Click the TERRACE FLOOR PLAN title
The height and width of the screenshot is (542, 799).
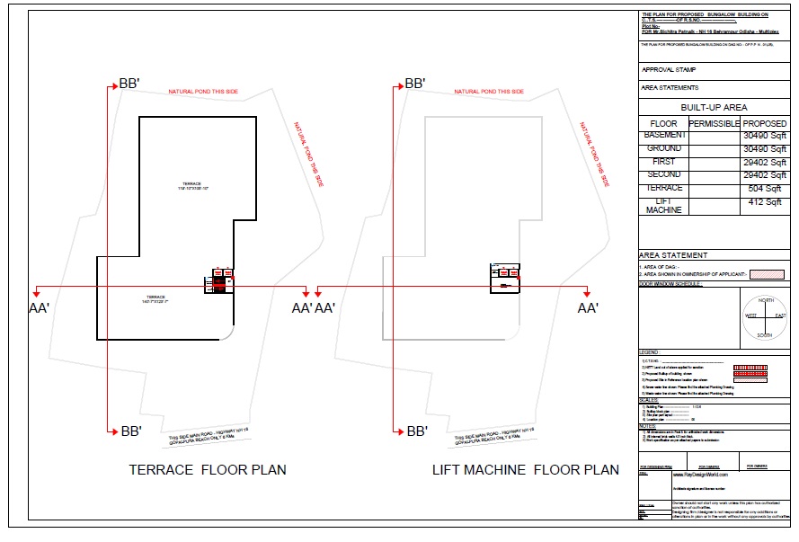pyautogui.click(x=208, y=469)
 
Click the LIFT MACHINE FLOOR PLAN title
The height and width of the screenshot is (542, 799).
pyautogui.click(x=526, y=469)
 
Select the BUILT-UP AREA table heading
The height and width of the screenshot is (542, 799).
pyautogui.click(x=714, y=107)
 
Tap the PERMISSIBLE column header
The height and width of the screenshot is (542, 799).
pyautogui.click(x=714, y=123)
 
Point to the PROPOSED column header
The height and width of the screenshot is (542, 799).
pyautogui.click(x=765, y=123)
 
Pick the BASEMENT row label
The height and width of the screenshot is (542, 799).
pyautogui.click(x=663, y=135)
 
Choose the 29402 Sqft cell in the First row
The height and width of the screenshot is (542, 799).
pyautogui.click(x=765, y=163)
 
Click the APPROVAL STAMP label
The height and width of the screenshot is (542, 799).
pyautogui.click(x=668, y=69)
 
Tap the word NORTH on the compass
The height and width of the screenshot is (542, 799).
pyautogui.click(x=766, y=300)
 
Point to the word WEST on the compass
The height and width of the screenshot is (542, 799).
pyautogui.click(x=750, y=316)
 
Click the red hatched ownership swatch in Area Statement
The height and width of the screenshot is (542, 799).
pyautogui.click(x=767, y=274)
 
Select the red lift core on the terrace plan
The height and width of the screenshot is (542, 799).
pyautogui.click(x=219, y=280)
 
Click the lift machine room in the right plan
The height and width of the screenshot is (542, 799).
pyautogui.click(x=504, y=278)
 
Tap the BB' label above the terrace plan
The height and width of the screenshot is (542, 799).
pyautogui.click(x=129, y=84)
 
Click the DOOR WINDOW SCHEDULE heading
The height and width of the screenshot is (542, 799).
pyautogui.click(x=670, y=284)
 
